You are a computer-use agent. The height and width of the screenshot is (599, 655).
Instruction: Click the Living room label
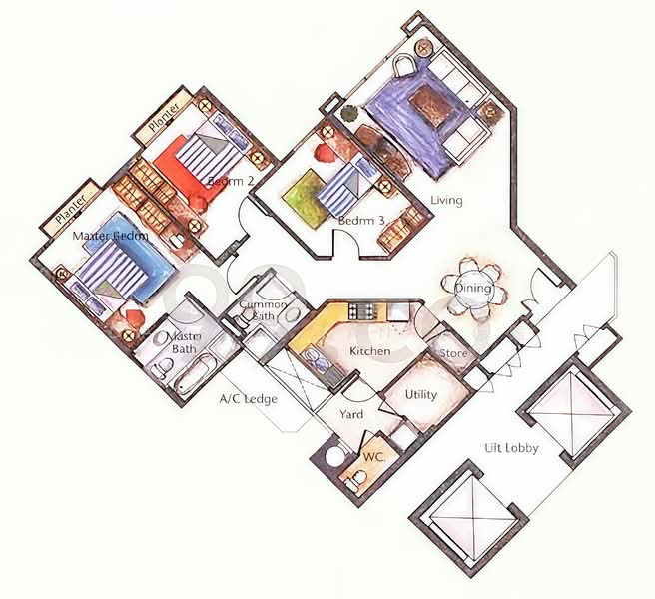[x=446, y=201]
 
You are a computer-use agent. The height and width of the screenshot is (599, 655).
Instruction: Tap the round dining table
[x=473, y=289]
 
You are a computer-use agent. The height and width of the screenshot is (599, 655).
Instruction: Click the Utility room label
[x=420, y=394]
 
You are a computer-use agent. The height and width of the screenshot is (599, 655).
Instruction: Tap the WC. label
[x=373, y=455]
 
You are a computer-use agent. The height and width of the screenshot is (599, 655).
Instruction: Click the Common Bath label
[x=268, y=310]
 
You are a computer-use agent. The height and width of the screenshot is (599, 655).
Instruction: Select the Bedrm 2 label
[x=230, y=181]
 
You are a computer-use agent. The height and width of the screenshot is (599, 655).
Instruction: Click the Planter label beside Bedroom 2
[x=163, y=118]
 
